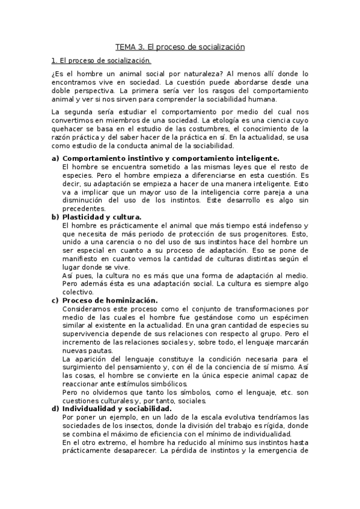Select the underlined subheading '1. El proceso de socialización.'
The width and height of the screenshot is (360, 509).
(101, 61)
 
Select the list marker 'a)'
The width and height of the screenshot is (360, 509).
(55, 158)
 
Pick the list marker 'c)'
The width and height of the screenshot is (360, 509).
(55, 300)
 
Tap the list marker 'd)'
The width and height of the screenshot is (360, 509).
(55, 408)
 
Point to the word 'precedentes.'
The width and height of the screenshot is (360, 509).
(84, 208)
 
